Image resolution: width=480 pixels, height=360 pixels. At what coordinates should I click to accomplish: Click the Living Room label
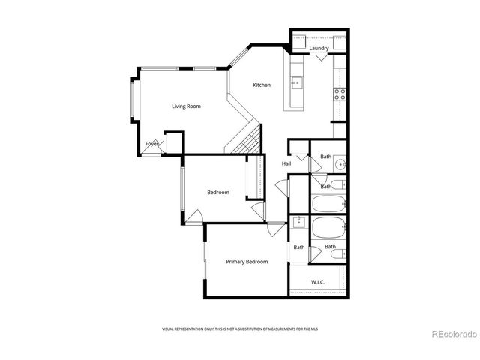186,106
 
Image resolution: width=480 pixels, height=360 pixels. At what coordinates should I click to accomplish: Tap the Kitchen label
261,85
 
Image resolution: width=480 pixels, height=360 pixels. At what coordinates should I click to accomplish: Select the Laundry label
319,49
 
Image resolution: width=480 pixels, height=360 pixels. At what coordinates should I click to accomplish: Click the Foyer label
152,143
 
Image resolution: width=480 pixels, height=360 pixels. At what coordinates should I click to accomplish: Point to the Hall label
286,163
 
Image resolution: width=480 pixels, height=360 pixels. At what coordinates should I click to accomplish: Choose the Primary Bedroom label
247,261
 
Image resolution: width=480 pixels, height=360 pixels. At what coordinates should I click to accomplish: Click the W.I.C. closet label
318,283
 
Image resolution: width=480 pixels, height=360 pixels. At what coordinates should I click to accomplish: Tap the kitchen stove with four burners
340,94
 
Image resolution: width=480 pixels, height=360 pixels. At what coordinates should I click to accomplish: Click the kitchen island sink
296,82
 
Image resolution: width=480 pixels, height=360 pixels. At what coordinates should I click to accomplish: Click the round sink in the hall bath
340,164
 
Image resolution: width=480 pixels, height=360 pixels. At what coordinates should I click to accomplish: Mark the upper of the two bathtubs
328,202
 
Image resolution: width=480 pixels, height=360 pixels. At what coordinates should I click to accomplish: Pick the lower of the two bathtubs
328,227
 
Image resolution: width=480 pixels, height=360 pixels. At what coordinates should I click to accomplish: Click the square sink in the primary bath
299,222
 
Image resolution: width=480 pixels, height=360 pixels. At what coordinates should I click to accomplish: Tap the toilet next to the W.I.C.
337,254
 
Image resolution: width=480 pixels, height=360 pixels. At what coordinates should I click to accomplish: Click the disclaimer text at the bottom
247,329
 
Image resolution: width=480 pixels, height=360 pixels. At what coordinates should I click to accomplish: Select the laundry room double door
320,61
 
